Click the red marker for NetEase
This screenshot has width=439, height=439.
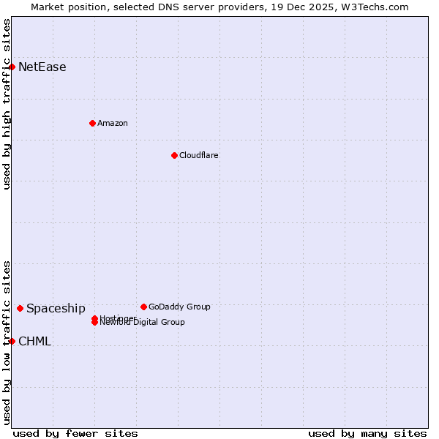coord(12,67)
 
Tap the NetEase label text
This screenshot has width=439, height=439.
coord(42,67)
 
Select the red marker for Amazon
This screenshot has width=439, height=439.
coord(92,123)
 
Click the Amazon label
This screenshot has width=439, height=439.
coord(112,123)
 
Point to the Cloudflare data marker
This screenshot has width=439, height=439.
coord(174,155)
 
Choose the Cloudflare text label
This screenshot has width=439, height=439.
coord(198,155)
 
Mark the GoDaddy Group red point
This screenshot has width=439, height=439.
coord(143,307)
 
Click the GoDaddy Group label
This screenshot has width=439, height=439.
coord(179,307)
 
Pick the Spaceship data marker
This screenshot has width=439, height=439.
coord(20,308)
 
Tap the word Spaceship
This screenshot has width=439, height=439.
coord(56,309)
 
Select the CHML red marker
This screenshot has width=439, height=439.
coord(12,341)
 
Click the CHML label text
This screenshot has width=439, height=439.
coord(34,342)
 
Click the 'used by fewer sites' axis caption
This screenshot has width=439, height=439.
coord(75,433)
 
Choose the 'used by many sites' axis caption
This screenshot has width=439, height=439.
coord(367,433)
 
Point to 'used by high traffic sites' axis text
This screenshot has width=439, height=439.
coord(7,104)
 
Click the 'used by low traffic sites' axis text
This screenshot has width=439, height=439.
coord(7,342)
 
